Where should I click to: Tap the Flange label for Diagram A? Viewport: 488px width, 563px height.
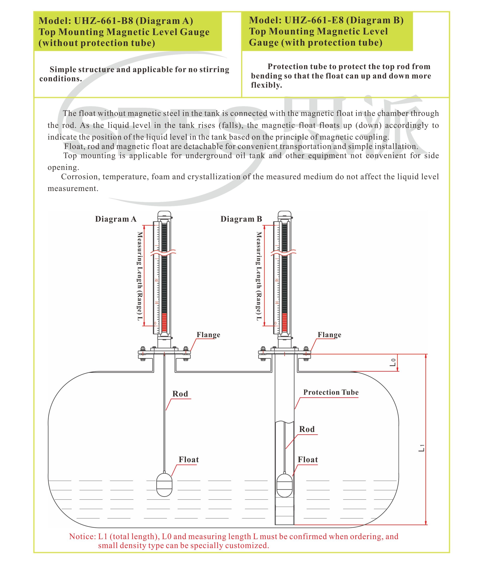(x=208, y=335)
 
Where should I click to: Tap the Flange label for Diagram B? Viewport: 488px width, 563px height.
(x=329, y=335)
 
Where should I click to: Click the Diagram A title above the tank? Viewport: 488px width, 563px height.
(x=116, y=219)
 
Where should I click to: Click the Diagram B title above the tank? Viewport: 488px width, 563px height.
(x=241, y=219)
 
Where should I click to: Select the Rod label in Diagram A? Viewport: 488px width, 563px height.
(x=180, y=394)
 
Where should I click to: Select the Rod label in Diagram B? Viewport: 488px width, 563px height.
(x=307, y=429)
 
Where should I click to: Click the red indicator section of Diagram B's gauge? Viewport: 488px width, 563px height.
(x=284, y=322)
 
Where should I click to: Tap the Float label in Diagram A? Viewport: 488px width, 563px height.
(x=189, y=460)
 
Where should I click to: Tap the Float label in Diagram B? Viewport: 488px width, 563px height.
(x=308, y=460)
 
